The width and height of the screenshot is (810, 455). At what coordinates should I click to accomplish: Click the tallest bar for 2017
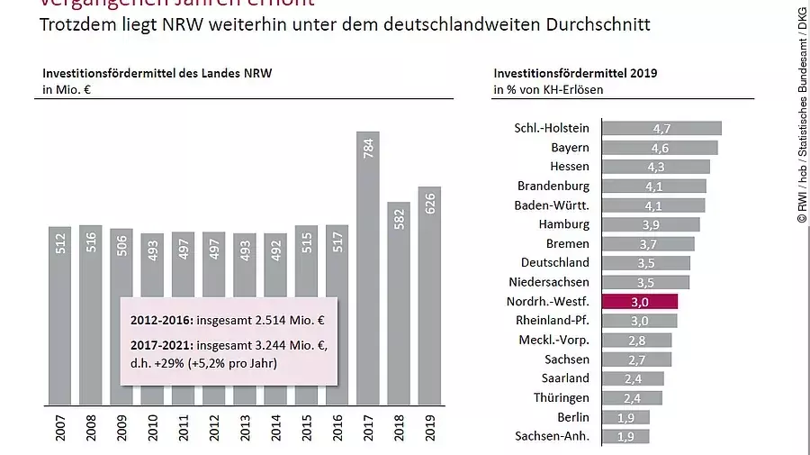pos(368,270)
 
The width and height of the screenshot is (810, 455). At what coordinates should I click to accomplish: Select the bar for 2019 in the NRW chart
pos(429,297)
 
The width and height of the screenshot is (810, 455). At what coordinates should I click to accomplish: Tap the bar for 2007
pos(60,315)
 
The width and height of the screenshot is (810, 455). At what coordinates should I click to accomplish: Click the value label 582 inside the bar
pos(399,221)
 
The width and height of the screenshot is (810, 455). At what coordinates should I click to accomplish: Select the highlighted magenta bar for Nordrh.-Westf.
pos(639,302)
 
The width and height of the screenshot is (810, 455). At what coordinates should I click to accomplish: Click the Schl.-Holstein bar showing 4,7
pos(661,128)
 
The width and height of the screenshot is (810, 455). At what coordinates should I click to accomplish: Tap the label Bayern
pos(570,147)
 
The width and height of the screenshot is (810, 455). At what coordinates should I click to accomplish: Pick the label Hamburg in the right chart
pos(563,224)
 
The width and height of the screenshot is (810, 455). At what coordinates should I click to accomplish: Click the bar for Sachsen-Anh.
pos(625,436)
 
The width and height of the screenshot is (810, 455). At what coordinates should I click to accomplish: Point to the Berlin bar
pos(625,417)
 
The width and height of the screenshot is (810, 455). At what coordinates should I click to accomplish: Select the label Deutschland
pos(555,262)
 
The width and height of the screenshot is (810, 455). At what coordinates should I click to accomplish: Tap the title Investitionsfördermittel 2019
pos(575,73)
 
